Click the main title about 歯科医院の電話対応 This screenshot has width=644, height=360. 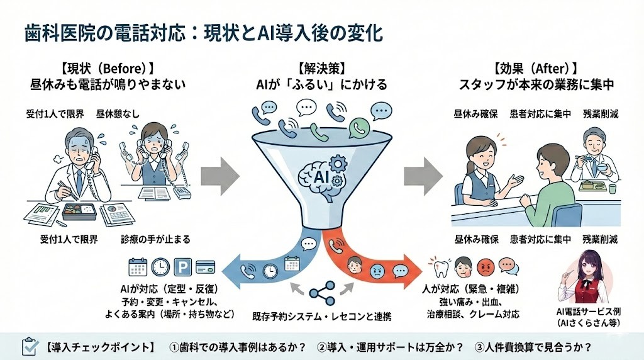tap(203, 31)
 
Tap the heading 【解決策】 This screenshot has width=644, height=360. tap(321, 67)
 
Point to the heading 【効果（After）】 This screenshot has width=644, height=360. tap(536, 67)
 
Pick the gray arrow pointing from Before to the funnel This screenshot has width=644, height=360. tap(219, 172)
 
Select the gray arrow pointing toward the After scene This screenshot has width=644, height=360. tap(423, 172)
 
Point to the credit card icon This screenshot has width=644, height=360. tap(206, 266)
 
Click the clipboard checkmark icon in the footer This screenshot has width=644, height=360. tap(30, 346)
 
